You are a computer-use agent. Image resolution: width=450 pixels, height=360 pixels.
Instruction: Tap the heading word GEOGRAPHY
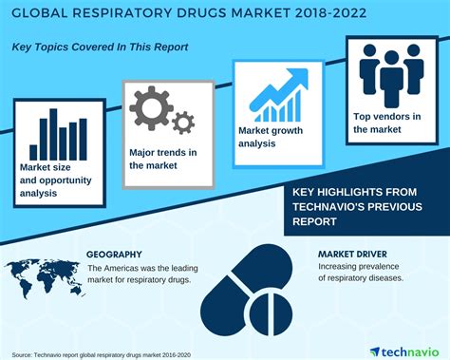[114, 255]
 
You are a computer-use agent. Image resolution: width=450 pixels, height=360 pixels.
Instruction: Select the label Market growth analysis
[268, 138]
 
